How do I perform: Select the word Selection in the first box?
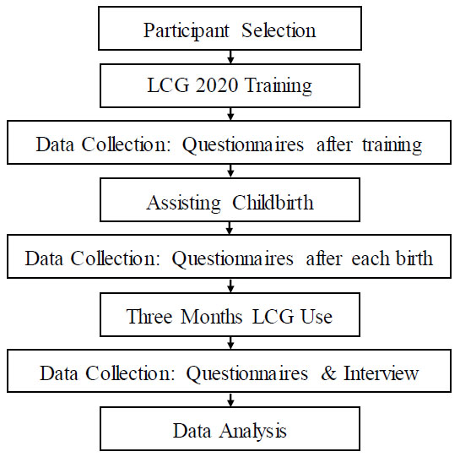pos(279,30)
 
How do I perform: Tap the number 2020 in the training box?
pos(217,85)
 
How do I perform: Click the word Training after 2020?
pos(278,86)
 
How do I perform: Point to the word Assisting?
pos(183,204)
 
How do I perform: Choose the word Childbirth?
pos(273,203)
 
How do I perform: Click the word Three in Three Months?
pos(149,316)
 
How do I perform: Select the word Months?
pos(211,316)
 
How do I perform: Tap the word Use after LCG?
pos(317,316)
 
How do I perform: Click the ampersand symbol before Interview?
pos(328,373)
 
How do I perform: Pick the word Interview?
pos(382,373)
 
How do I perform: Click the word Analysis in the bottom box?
pos(253,432)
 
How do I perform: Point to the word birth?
pos(414,258)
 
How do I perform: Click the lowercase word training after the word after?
pos(392,145)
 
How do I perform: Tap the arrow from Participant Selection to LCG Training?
pos(230,57)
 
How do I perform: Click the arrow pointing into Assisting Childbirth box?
pos(230,171)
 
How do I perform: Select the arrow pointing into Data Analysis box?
pos(230,400)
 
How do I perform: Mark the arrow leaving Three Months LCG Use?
pos(230,343)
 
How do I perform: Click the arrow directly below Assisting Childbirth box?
pos(230,228)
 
